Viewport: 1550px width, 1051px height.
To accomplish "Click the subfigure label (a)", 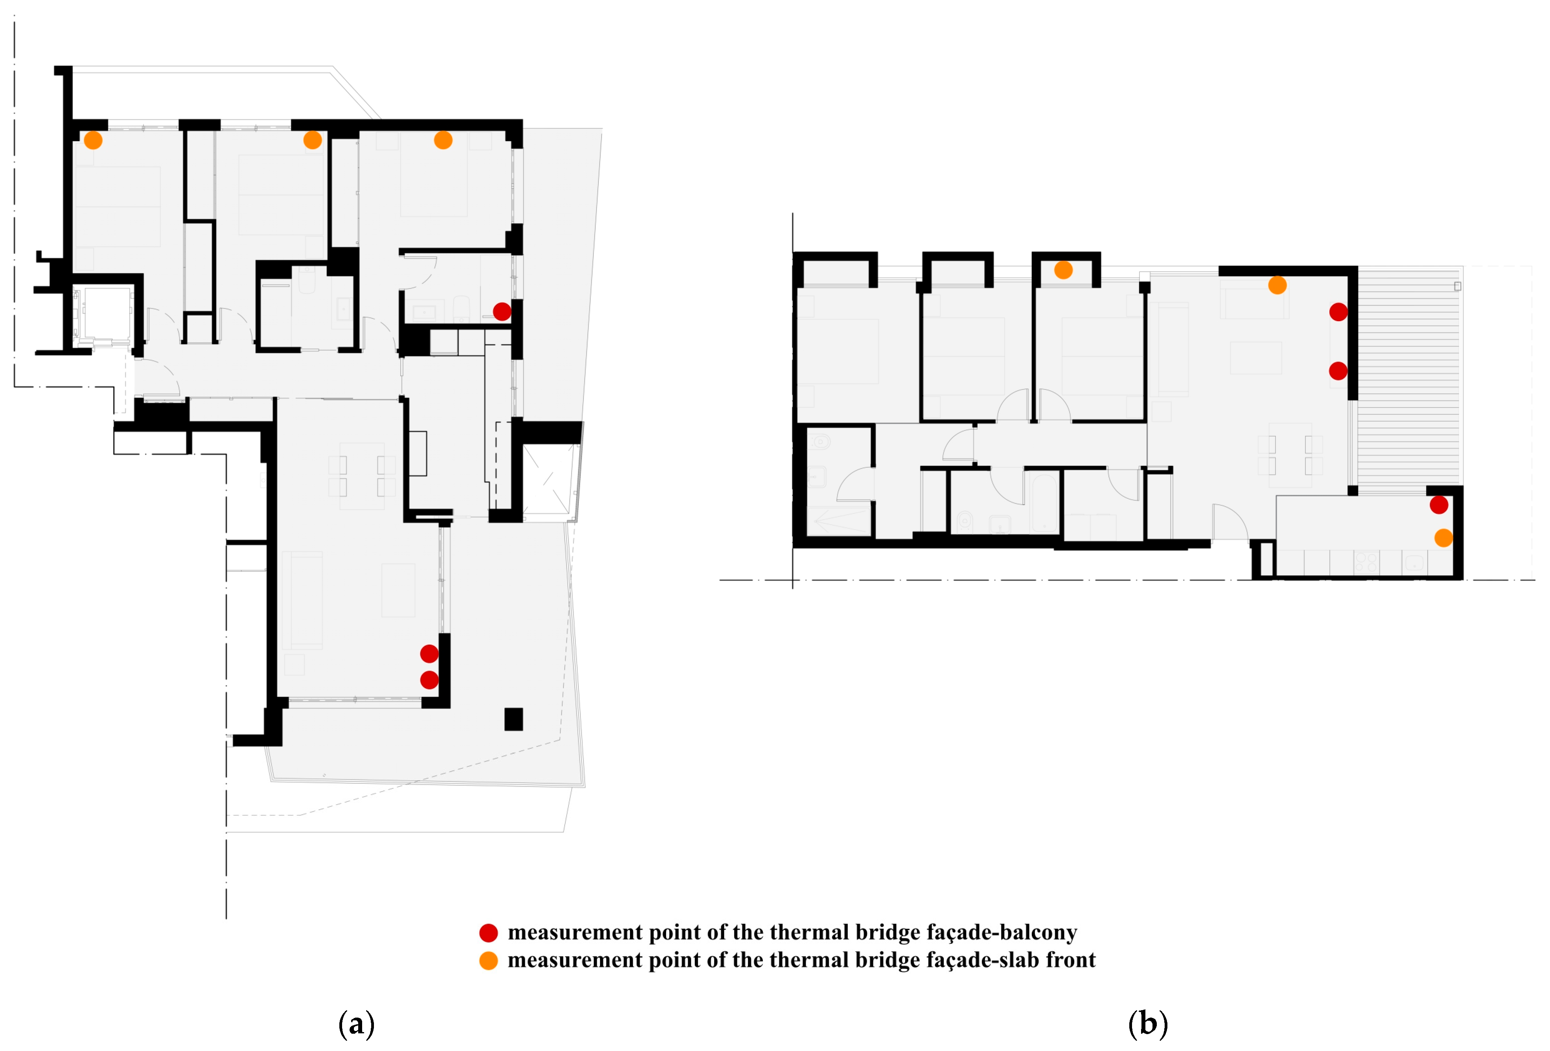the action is coord(357,1023).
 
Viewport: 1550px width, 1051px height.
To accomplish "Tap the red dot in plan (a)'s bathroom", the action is coord(502,311).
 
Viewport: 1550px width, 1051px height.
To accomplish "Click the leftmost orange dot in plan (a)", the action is coord(93,140).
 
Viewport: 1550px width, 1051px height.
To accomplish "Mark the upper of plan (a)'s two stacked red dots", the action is coord(429,654).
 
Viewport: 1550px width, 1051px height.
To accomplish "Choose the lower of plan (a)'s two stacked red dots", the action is coord(429,680).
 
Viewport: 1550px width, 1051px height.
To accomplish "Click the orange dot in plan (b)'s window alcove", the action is coord(1064,270).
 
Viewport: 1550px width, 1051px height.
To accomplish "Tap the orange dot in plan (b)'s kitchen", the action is coord(1444,538).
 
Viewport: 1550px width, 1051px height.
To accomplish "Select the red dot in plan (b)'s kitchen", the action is coord(1439,505).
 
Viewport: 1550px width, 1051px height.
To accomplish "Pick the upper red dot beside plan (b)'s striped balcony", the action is coord(1338,312).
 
